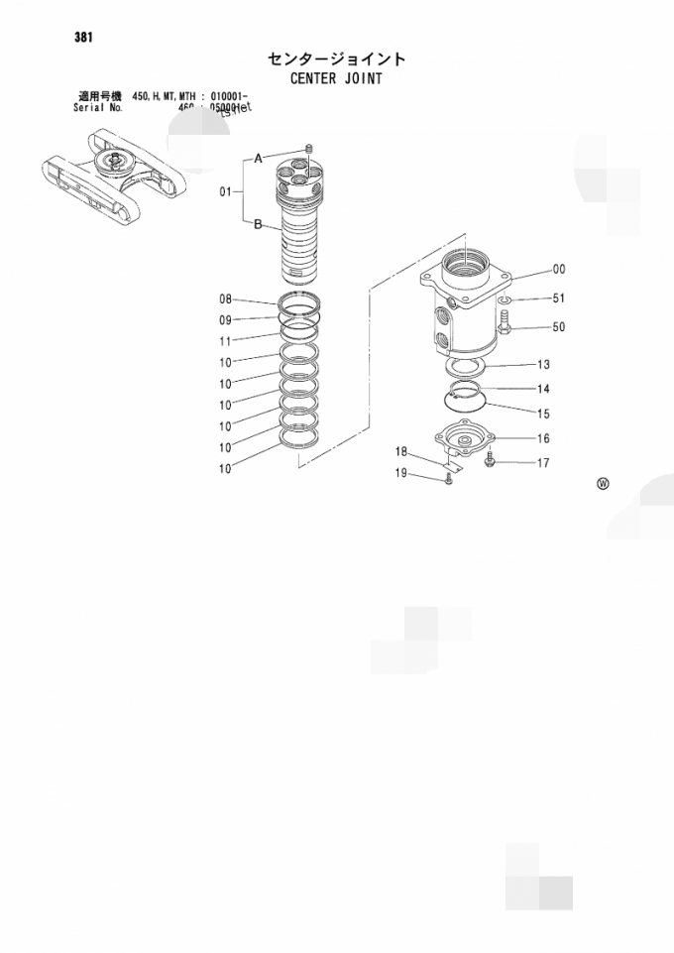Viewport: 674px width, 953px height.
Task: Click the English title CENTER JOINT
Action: point(336,77)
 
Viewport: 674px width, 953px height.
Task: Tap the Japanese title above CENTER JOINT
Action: point(336,59)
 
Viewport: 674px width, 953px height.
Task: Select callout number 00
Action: point(559,270)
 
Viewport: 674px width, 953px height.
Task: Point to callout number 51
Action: point(559,298)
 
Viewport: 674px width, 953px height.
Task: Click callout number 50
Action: point(559,326)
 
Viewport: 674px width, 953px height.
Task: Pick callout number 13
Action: point(544,364)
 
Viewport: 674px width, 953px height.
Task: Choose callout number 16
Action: point(544,438)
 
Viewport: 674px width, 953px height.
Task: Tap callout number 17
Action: point(544,462)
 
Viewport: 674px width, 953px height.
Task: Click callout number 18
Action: point(402,452)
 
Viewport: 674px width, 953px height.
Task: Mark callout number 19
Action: point(402,473)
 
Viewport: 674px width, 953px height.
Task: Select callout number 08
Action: point(225,298)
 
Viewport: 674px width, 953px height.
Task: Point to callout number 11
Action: point(225,340)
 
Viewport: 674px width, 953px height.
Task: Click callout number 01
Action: point(225,191)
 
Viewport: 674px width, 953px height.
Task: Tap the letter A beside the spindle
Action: point(258,158)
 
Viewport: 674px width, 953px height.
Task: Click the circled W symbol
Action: point(603,484)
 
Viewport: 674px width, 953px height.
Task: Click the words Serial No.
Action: point(97,107)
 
